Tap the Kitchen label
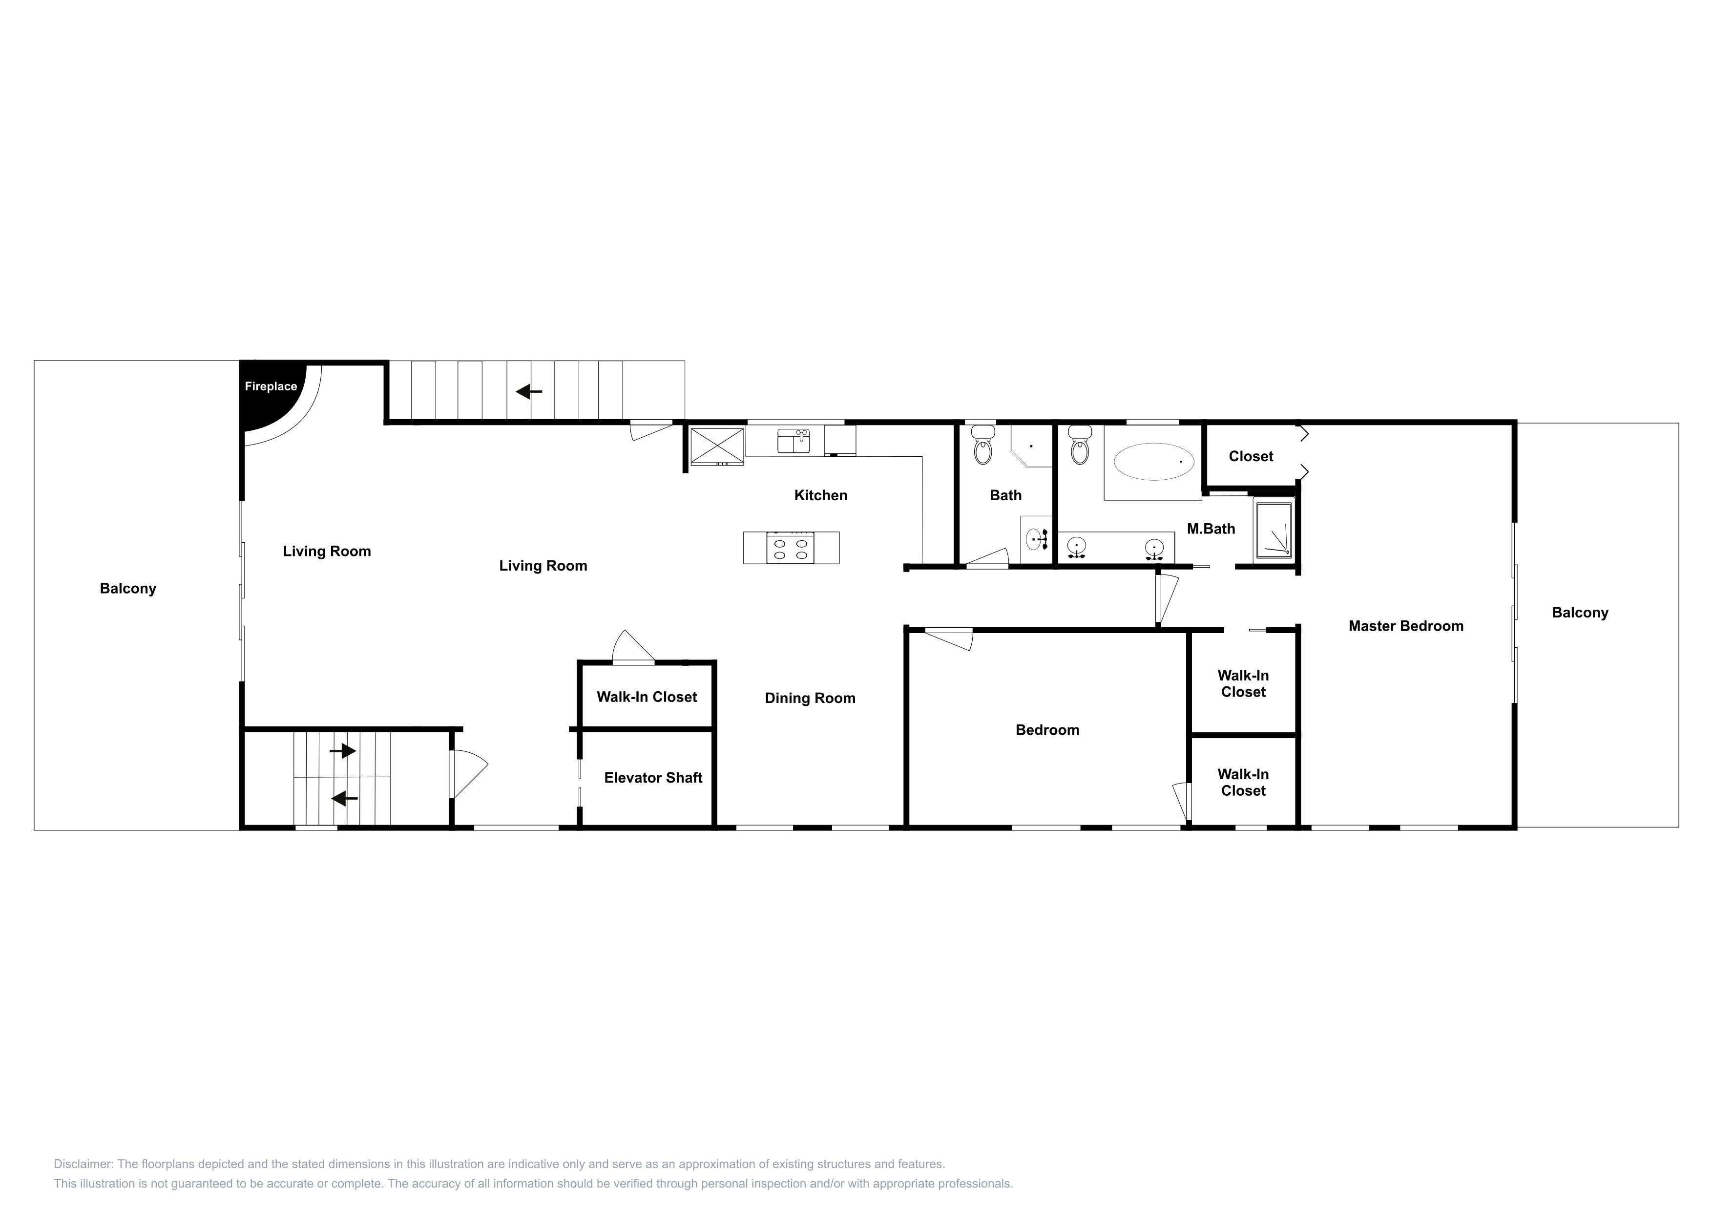821,495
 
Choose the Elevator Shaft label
653,778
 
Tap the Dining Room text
810,699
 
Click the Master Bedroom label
1406,626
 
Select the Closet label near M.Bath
1251,457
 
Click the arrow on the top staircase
529,391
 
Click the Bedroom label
1047,730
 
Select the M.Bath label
1211,529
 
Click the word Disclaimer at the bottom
83,1164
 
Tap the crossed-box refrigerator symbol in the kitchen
717,446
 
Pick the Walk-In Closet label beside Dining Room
647,697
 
